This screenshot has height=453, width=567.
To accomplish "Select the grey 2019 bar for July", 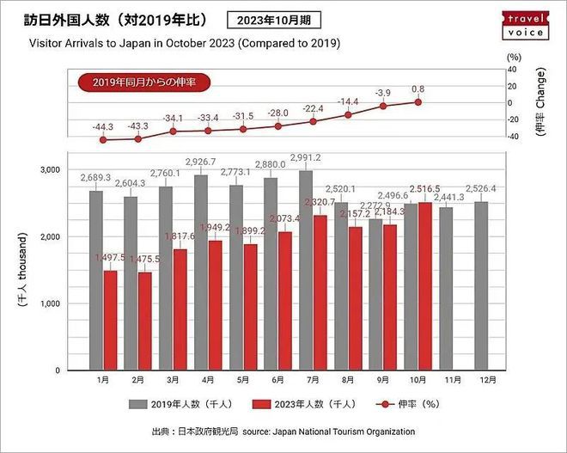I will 305,270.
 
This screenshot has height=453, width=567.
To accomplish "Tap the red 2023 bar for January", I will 110,320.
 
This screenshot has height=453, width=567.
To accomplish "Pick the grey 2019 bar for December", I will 480,285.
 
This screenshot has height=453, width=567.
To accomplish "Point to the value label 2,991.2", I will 305,157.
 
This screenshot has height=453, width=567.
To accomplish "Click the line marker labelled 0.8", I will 418,101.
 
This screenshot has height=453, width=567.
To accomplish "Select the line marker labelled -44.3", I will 104,139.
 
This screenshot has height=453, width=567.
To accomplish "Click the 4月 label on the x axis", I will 209,378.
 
